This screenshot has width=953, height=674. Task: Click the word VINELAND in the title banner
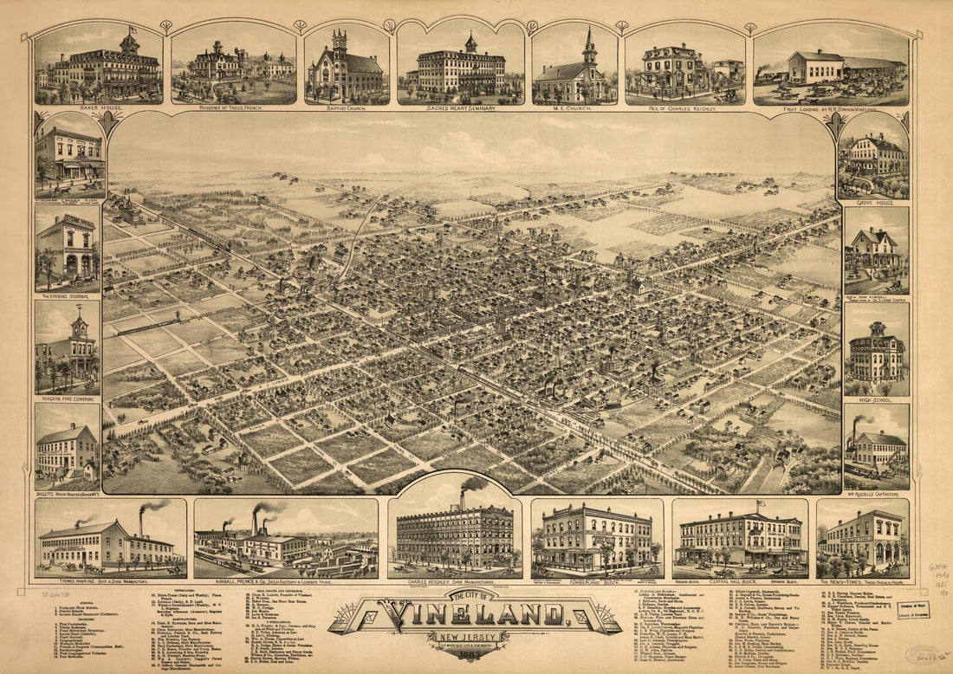tap(475, 616)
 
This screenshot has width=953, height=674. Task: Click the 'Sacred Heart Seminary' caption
tap(460, 109)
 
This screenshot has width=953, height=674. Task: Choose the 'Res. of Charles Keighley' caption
tap(684, 109)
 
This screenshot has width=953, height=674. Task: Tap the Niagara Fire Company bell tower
tap(79, 324)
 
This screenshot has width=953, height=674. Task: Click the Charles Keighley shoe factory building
tap(455, 537)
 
